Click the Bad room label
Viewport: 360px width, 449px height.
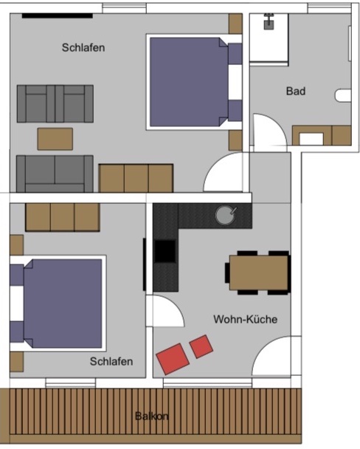296,91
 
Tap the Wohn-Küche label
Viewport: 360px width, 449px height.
246,319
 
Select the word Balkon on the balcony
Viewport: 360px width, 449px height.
151,416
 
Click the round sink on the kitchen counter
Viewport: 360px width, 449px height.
226,215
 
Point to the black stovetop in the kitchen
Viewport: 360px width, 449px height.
165,251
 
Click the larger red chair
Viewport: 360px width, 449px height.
173,359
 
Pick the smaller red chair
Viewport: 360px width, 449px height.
201,346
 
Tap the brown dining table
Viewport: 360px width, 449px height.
259,273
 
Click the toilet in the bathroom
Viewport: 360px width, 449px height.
343,95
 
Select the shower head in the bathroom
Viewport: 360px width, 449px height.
269,21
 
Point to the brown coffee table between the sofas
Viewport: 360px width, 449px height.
55,139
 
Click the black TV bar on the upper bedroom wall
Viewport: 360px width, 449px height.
58,16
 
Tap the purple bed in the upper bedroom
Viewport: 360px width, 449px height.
189,82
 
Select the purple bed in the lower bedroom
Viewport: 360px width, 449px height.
63,304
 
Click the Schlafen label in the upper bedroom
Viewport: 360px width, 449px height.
83,47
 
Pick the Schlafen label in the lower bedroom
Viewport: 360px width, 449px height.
111,361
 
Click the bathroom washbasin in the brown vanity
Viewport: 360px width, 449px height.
311,139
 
